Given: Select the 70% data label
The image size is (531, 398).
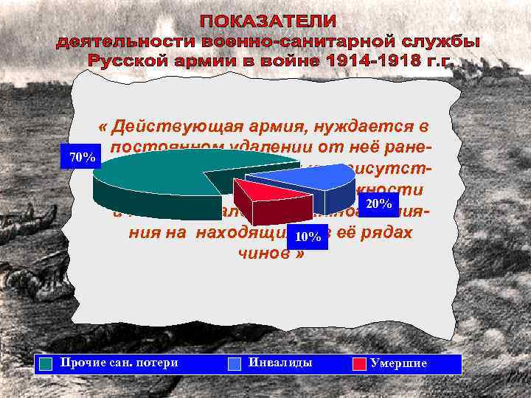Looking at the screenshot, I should tap(81, 158).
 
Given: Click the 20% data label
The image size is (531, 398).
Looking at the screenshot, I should tap(378, 203).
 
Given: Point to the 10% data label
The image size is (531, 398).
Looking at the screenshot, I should tap(307, 237).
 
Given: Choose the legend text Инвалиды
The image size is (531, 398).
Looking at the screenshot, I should tap(280, 363).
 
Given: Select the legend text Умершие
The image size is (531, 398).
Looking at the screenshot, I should tap(398, 363).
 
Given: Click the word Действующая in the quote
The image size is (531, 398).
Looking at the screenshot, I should tap(185, 127).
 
